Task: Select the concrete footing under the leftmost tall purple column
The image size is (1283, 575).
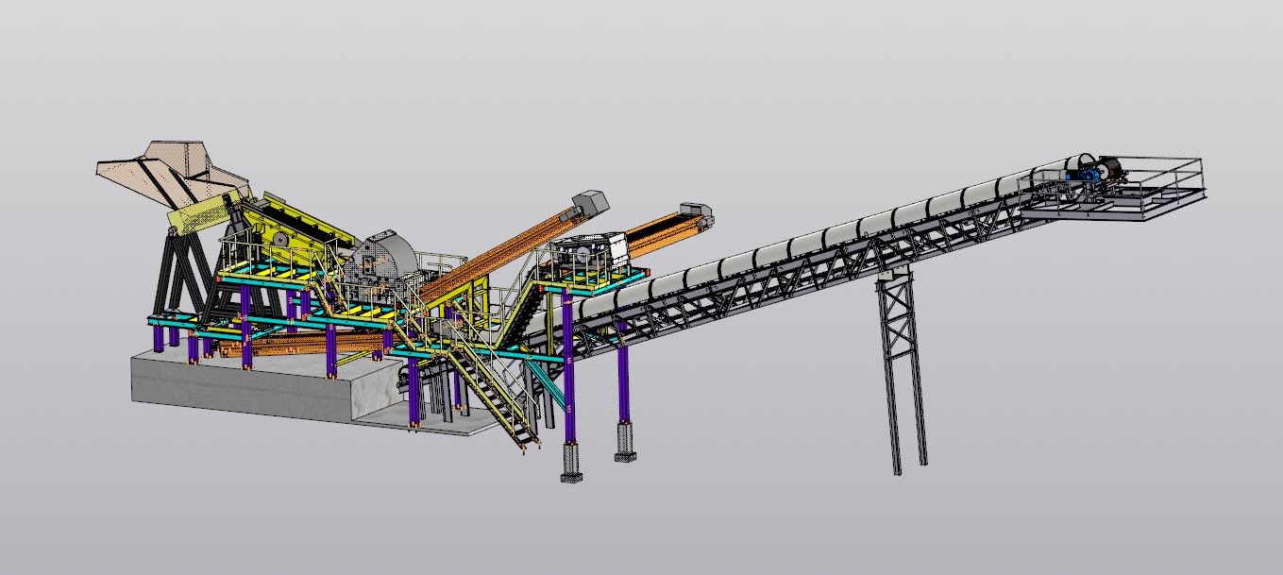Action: (x=571, y=463)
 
